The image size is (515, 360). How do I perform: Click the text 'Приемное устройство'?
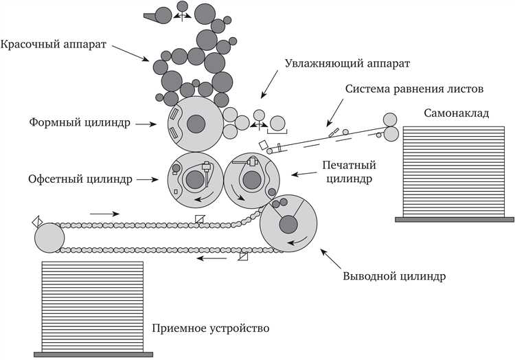(210, 328)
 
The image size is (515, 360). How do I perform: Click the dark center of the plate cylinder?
(196, 124)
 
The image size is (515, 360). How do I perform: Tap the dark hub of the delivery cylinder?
(288, 224)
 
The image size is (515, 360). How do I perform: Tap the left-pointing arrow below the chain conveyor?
(211, 259)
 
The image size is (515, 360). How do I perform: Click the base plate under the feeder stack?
(455, 219)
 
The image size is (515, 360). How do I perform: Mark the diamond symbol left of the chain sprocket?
(37, 221)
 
